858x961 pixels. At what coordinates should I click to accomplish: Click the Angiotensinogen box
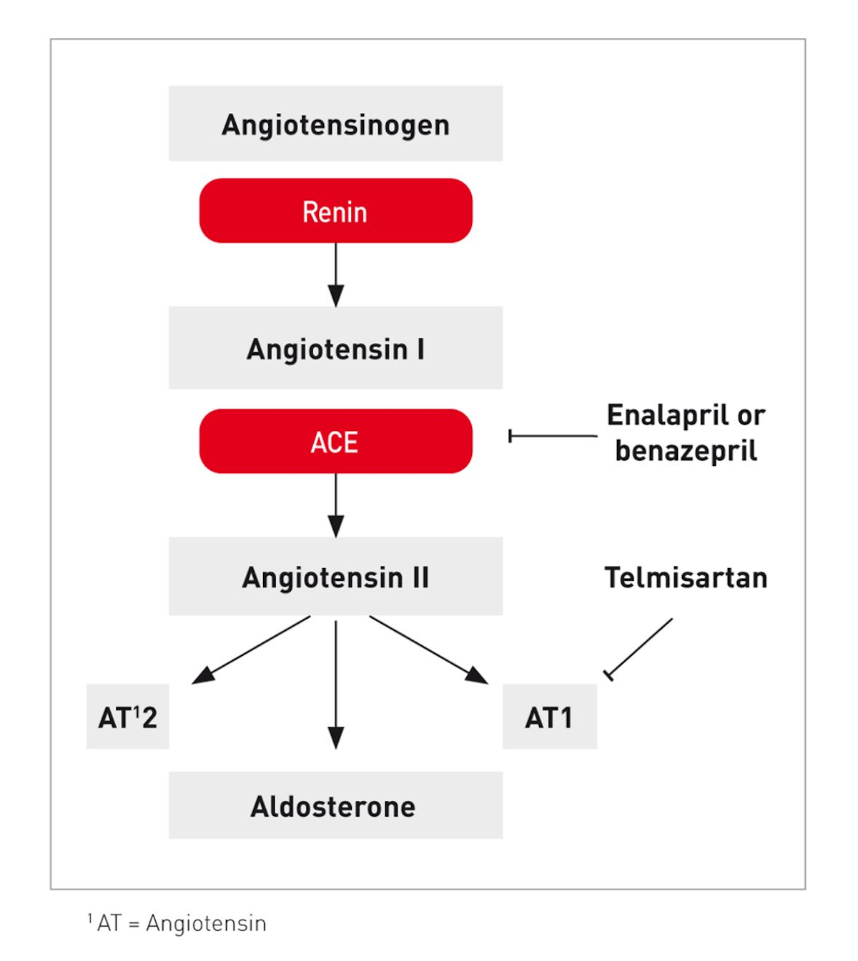tap(335, 124)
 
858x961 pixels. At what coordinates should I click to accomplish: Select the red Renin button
tap(335, 211)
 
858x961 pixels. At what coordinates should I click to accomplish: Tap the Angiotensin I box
tap(335, 348)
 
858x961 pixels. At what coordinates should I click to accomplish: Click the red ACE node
tap(335, 441)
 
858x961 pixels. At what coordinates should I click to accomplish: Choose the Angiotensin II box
tap(335, 577)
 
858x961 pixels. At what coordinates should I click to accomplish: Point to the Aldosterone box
tap(335, 805)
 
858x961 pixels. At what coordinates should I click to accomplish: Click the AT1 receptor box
tap(549, 717)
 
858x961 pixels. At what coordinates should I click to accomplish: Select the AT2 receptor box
tap(127, 717)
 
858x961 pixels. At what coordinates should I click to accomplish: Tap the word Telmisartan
tap(686, 577)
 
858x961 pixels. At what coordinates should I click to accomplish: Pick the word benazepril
tap(686, 451)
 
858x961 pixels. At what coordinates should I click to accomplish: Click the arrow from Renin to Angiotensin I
tap(335, 275)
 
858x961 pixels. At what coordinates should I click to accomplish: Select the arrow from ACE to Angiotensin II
tap(335, 505)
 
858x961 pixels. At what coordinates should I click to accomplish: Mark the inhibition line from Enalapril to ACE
tap(552, 436)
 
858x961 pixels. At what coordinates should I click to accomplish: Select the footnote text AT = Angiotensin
tap(182, 923)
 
